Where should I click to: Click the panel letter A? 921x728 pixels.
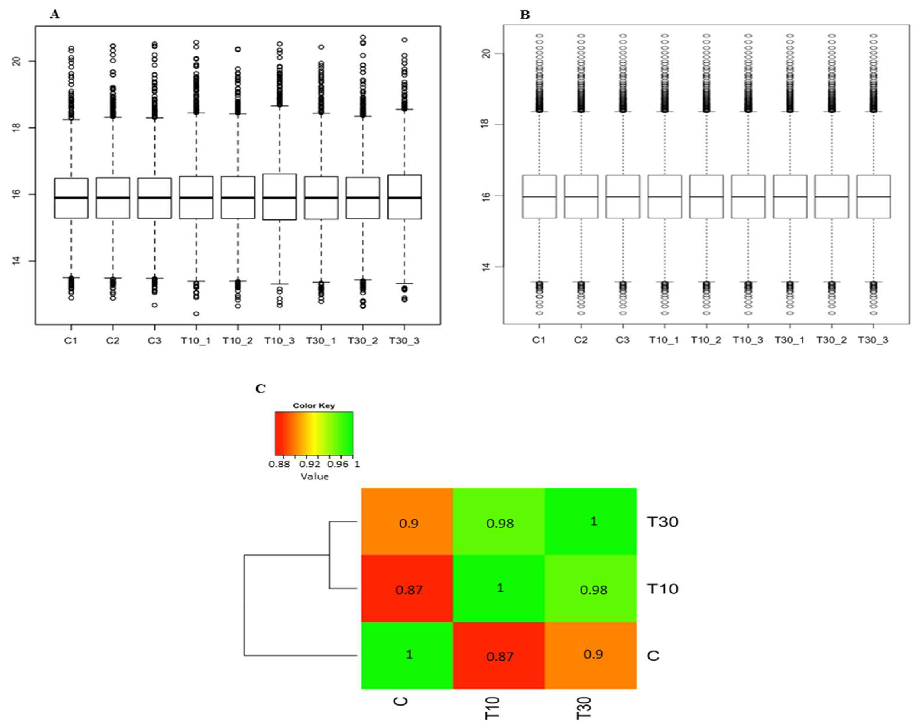55,14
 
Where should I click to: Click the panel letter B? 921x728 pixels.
525,15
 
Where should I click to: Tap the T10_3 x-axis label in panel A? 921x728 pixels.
279,340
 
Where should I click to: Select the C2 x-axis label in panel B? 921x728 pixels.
581,340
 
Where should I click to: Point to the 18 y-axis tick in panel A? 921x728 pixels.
17,128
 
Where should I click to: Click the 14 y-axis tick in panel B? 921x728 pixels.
486,267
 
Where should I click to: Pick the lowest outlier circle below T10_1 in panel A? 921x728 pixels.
196,314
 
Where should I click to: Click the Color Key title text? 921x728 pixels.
314,405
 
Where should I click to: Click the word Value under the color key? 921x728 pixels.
315,477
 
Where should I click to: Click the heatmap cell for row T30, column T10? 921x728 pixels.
499,522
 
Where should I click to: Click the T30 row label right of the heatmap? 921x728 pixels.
662,522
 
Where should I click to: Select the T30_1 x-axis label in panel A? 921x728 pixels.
321,340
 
